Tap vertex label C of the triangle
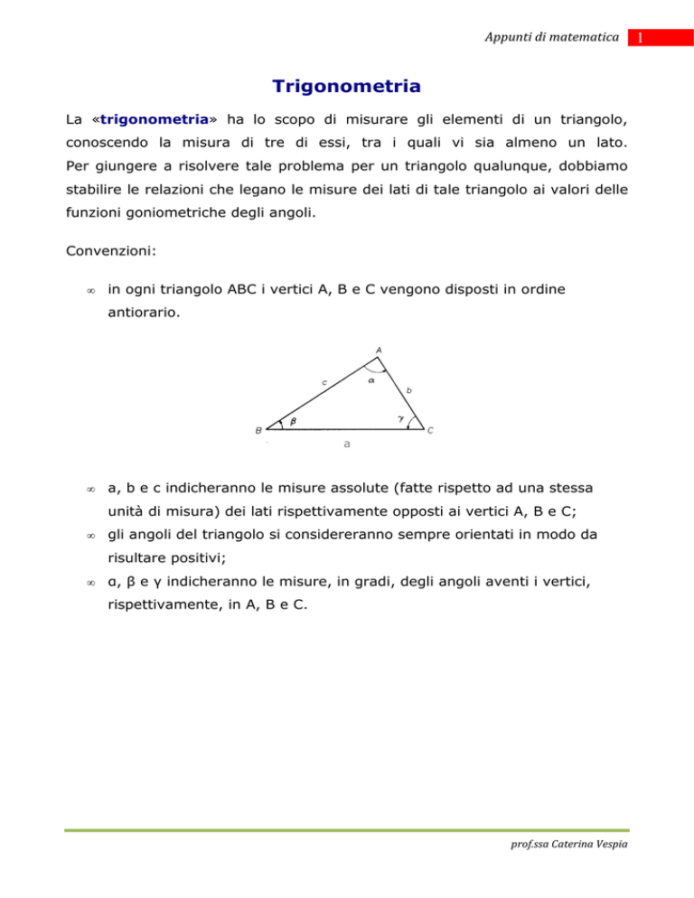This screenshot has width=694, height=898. pyautogui.click(x=430, y=431)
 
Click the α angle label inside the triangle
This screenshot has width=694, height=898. pyautogui.click(x=371, y=381)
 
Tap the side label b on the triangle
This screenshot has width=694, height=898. pyautogui.click(x=408, y=390)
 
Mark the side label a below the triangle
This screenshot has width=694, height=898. pyautogui.click(x=347, y=444)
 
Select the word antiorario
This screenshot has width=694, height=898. pyautogui.click(x=137, y=312)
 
